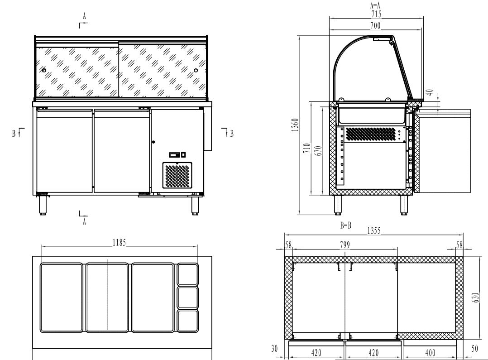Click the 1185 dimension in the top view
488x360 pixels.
[120, 242]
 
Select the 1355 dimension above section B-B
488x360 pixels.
[373, 230]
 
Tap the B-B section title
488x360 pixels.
[346, 225]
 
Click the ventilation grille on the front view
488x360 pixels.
[177, 176]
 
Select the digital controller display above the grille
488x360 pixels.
[174, 155]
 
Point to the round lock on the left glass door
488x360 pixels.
[44, 70]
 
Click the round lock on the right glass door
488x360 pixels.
[196, 70]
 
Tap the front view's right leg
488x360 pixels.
[195, 205]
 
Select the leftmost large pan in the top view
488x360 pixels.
[62, 298]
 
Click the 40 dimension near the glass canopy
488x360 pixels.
[432, 92]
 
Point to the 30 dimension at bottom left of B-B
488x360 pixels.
[274, 349]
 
